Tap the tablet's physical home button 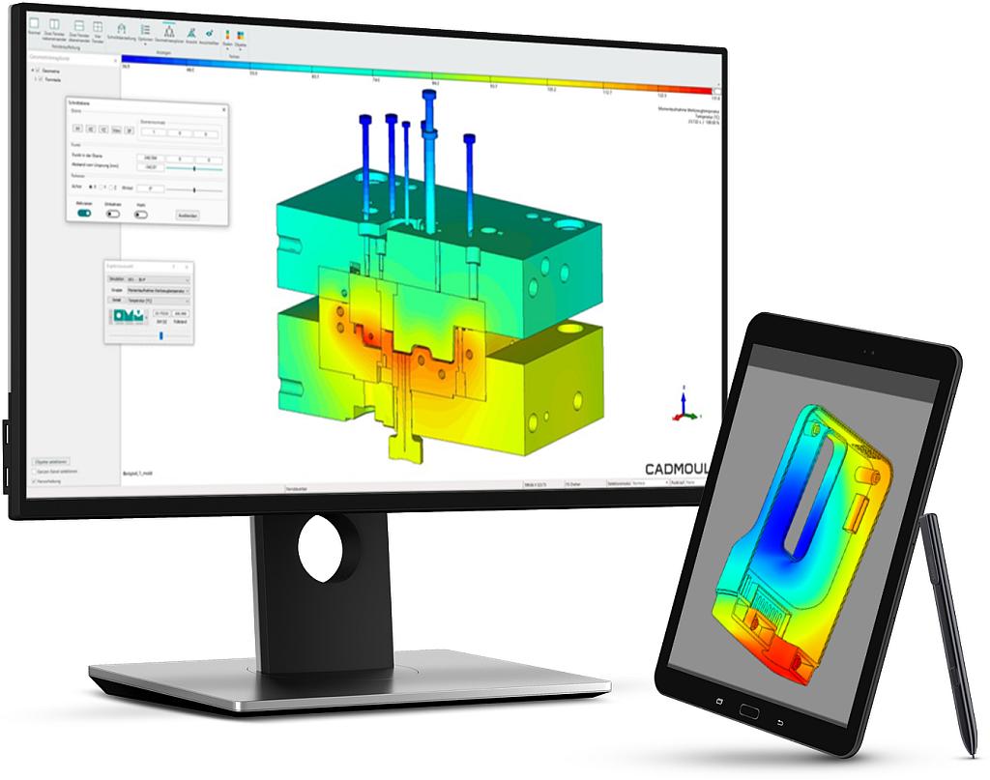click(749, 709)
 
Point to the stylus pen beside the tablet click(946, 628)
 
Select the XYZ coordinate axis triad click(682, 407)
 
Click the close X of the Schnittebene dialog click(224, 109)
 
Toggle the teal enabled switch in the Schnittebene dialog click(84, 214)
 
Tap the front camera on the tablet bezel click(861, 349)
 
